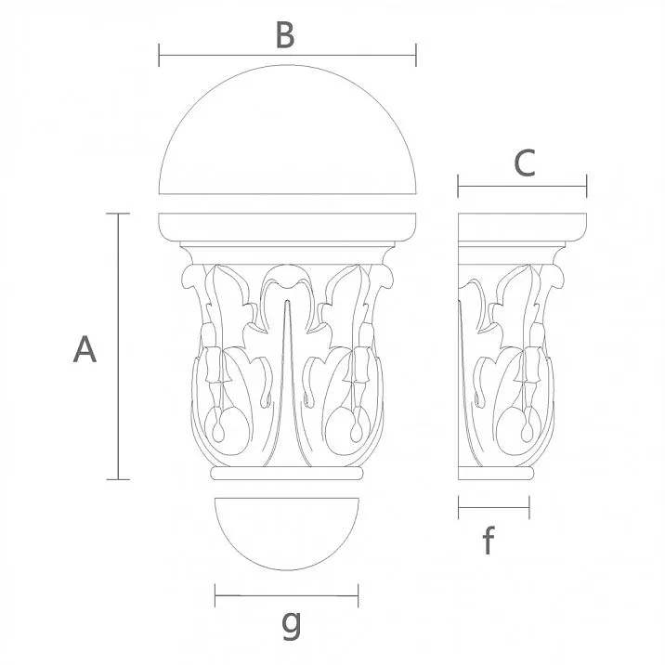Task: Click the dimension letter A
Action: tap(85, 350)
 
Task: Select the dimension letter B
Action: tap(285, 35)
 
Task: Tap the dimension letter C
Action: tap(525, 163)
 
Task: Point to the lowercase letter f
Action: tap(489, 541)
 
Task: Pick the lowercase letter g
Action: tap(291, 625)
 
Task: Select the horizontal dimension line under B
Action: tap(287, 55)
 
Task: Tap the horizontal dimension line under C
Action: tap(522, 187)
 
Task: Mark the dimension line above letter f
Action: tap(494, 507)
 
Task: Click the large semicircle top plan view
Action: tap(288, 139)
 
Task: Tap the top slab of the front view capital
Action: tap(288, 227)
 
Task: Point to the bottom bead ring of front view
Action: tap(286, 474)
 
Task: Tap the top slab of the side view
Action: tap(523, 227)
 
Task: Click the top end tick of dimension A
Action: tap(117, 214)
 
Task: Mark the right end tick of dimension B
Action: tap(415, 55)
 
